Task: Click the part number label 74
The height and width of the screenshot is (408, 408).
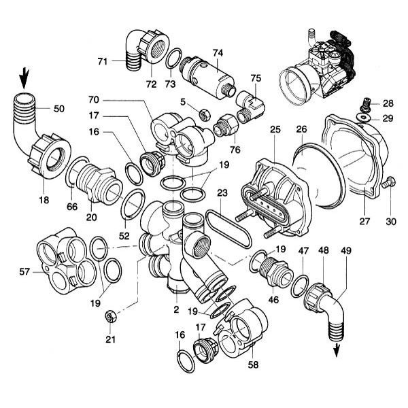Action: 218,52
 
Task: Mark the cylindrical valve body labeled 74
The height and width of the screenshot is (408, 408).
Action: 207,75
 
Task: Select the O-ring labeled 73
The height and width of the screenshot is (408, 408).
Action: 174,60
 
